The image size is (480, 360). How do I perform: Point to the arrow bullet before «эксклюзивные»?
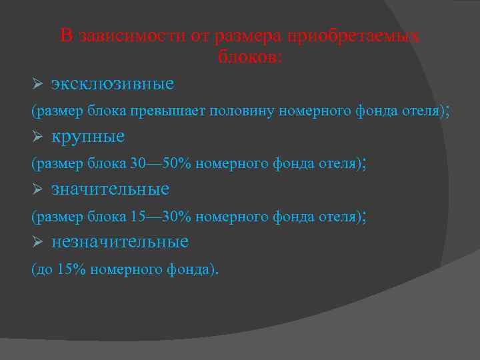[37, 84]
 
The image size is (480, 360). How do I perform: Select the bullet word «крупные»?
[88, 137]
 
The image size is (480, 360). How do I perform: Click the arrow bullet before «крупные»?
[37, 137]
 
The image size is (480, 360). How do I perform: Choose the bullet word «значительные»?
[110, 189]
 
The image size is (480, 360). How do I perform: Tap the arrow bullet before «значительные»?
[37, 189]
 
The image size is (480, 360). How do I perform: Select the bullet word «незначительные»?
[120, 241]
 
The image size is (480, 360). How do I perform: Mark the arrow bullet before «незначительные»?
[37, 241]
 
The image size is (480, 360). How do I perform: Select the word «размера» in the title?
[246, 36]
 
